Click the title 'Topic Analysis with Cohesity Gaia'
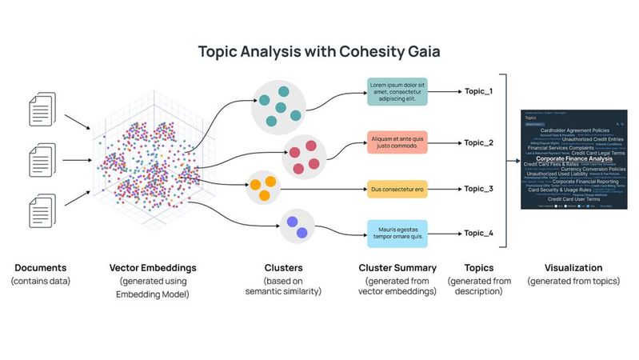(319, 53)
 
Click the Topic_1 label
(478, 91)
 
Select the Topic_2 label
(478, 142)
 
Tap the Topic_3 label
(478, 189)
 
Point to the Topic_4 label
(478, 233)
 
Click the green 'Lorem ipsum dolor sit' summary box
(397, 92)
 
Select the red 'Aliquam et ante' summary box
(397, 142)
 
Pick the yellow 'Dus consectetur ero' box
(397, 190)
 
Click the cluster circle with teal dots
(278, 107)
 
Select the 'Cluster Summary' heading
(397, 268)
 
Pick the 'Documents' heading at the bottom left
(40, 268)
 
